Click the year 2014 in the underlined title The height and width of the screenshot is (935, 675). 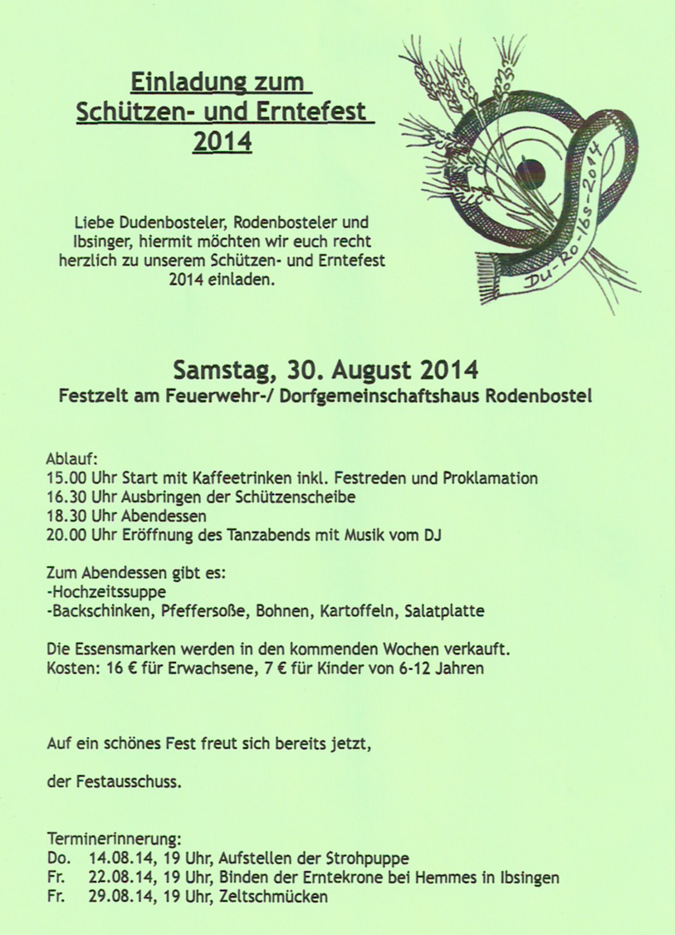tap(222, 142)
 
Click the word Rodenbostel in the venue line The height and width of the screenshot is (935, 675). tap(541, 397)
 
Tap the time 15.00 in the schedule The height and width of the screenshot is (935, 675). tap(66, 478)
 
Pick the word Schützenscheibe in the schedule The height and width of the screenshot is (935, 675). tap(303, 497)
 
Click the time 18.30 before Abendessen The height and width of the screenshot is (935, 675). tap(66, 516)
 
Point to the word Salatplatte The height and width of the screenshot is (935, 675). tap(445, 611)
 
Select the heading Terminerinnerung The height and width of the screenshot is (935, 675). tap(114, 839)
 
